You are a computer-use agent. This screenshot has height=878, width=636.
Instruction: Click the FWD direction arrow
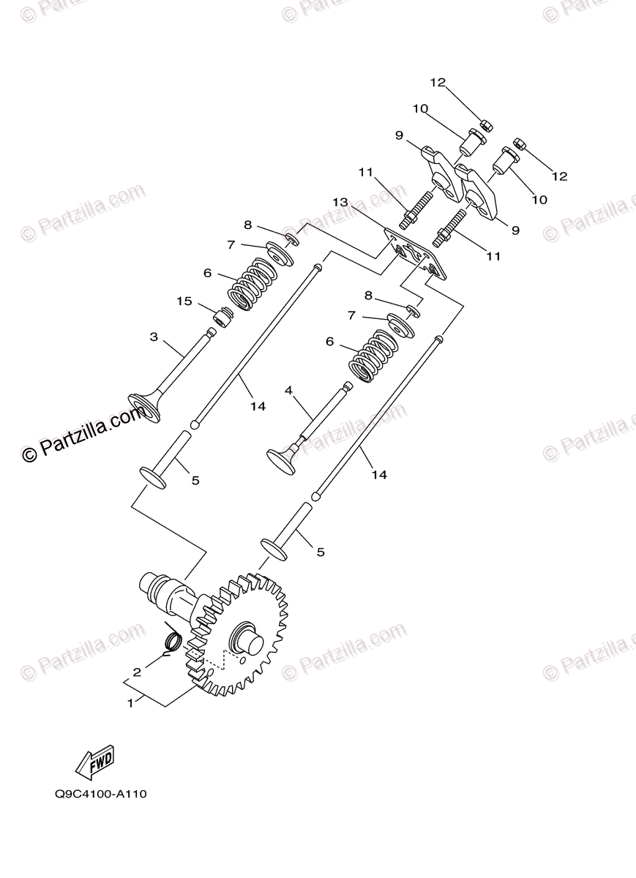coord(94,761)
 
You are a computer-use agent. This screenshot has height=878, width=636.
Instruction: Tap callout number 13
coord(340,202)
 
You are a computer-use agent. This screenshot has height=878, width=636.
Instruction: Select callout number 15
coord(184,301)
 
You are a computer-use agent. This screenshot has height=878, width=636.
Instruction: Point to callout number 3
coord(154,337)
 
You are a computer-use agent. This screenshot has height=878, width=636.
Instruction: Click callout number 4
coord(288,391)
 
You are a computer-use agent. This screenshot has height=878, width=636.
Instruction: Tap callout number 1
coord(130,704)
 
